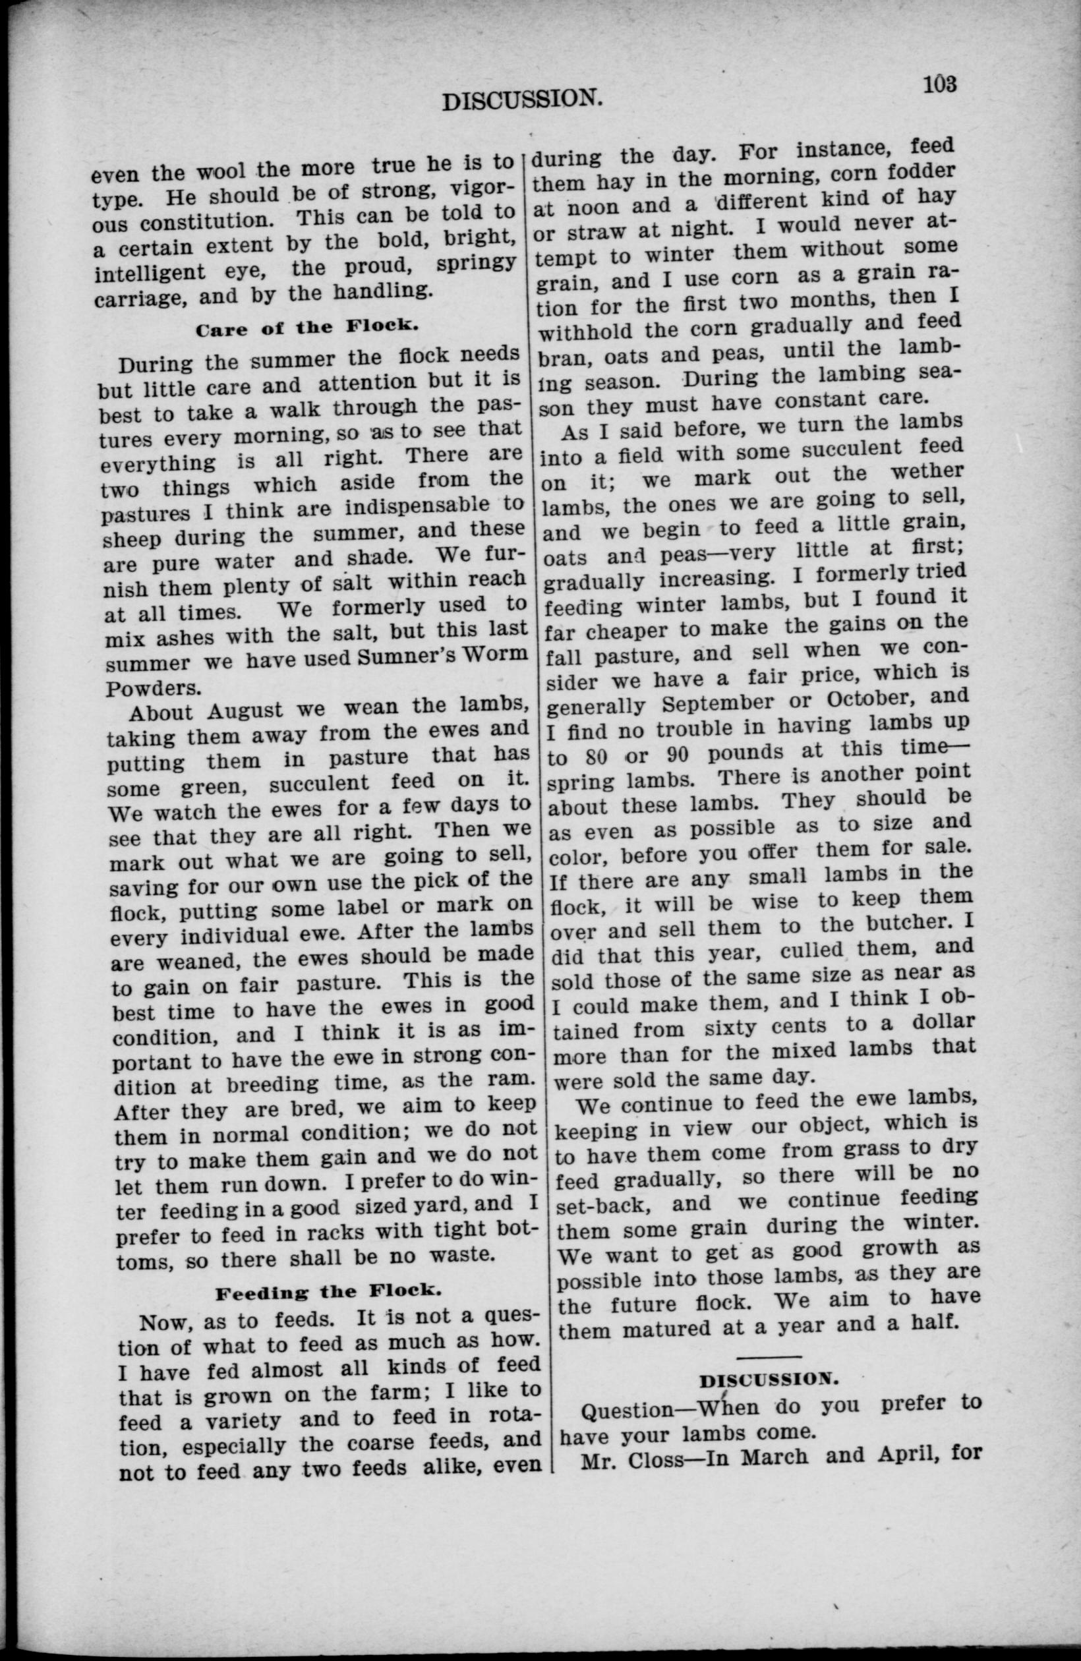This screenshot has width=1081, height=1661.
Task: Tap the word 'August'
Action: (245, 712)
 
